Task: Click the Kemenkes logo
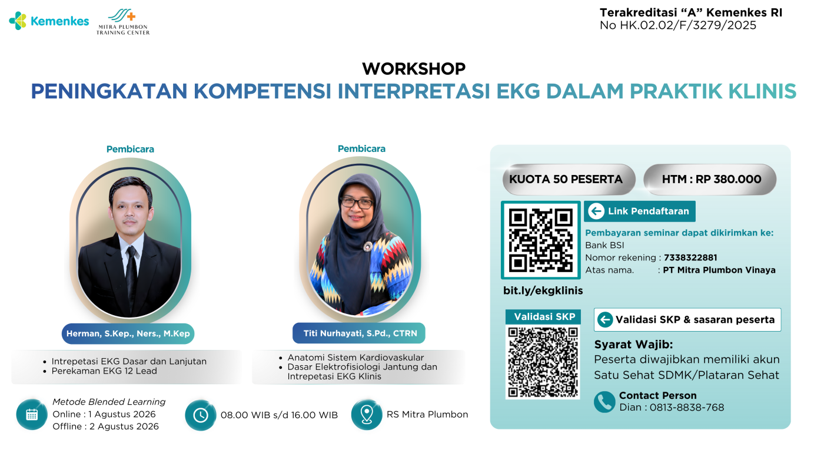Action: pyautogui.click(x=49, y=21)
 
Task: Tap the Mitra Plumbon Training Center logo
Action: pyautogui.click(x=123, y=22)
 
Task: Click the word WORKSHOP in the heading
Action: pyautogui.click(x=414, y=69)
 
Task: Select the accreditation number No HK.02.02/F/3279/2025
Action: pyautogui.click(x=678, y=25)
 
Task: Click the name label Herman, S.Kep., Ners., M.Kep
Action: pyautogui.click(x=128, y=333)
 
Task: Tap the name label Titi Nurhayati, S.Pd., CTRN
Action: pyautogui.click(x=359, y=333)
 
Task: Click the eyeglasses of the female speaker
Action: pyautogui.click(x=357, y=203)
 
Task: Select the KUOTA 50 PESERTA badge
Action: pyautogui.click(x=569, y=179)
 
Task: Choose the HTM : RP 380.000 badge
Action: pyautogui.click(x=710, y=179)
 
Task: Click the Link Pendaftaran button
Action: pyautogui.click(x=640, y=211)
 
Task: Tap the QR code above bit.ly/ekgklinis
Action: pyautogui.click(x=541, y=240)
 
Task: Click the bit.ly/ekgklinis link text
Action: pyautogui.click(x=543, y=290)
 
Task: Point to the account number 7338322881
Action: pyautogui.click(x=690, y=257)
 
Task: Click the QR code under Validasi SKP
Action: pyautogui.click(x=543, y=362)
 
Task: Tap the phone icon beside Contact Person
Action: pyautogui.click(x=604, y=402)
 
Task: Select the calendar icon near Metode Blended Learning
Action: pyautogui.click(x=32, y=415)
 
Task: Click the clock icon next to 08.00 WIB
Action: pyautogui.click(x=201, y=415)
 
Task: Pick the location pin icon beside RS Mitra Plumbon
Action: pyautogui.click(x=367, y=415)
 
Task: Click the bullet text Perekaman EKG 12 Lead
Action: pyautogui.click(x=104, y=371)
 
